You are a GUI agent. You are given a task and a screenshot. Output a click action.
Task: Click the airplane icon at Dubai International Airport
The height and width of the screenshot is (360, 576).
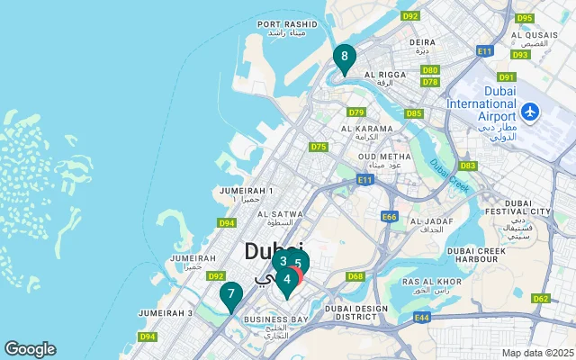click(x=530, y=112)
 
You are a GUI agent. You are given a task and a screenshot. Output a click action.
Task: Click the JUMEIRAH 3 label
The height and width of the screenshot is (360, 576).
click(x=166, y=312)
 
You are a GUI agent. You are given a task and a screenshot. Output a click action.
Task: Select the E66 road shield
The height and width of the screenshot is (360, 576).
click(x=390, y=217)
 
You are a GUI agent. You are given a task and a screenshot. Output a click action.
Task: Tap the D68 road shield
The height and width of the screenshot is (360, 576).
click(x=355, y=276)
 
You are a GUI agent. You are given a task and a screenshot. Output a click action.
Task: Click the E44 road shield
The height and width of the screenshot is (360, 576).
click(x=422, y=317)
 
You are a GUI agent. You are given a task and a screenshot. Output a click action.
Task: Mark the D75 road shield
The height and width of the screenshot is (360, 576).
click(x=319, y=147)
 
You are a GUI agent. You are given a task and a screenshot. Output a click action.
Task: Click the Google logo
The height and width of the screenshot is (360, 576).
click(x=30, y=349)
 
